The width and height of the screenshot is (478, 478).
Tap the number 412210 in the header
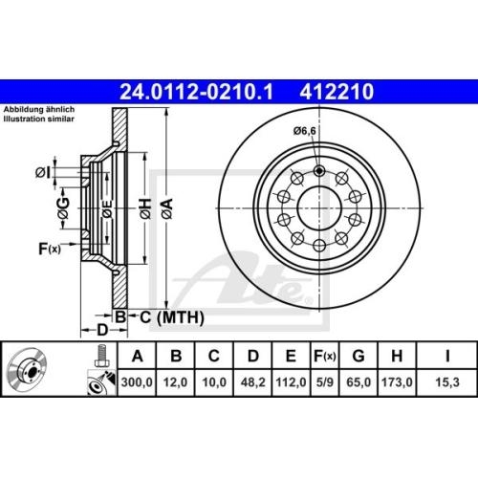(x=337, y=93)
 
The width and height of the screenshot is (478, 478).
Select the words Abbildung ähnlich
(x=39, y=111)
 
